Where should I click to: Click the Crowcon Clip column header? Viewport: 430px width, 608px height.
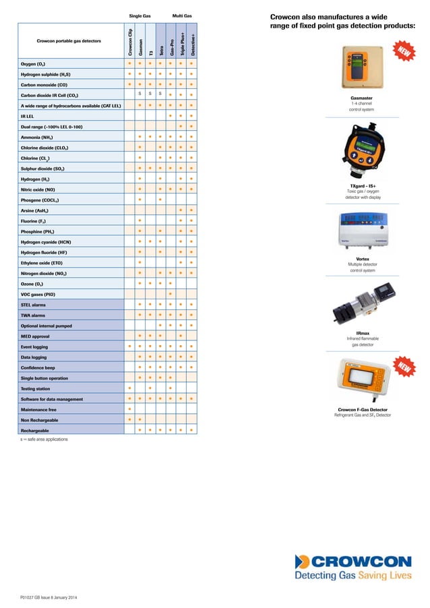129,41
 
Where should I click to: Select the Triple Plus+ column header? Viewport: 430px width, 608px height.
182,41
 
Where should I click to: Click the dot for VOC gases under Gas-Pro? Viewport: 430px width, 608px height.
171,295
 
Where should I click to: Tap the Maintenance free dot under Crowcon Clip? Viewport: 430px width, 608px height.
129,409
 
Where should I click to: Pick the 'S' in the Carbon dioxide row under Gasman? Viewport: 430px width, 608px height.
139,94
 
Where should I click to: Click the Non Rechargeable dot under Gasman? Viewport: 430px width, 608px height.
139,419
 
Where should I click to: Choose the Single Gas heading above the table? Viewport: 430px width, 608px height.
140,15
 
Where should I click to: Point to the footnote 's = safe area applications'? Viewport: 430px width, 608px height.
44,439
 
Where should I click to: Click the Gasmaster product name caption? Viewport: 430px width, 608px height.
362,98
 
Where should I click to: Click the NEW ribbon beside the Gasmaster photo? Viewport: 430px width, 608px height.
402,52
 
